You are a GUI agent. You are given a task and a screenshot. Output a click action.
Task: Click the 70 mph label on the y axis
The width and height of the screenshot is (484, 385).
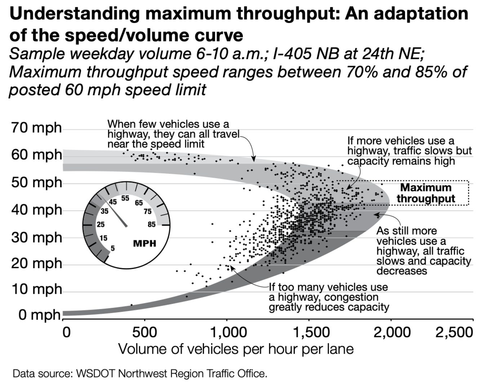pos(36,128)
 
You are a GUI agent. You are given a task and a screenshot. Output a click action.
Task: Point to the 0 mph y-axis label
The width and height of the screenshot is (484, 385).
pos(39,315)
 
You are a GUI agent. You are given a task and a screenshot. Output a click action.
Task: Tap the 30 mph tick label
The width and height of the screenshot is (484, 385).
pos(36,238)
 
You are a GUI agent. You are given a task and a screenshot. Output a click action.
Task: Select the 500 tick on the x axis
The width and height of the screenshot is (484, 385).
pos(144,332)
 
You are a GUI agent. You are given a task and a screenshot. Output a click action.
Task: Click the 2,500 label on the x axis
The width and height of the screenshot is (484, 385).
pos(454,332)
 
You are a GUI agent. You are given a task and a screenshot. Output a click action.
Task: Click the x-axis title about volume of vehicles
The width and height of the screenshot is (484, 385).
pos(236,349)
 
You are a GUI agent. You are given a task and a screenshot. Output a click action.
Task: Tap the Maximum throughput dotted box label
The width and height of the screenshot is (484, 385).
pos(426,193)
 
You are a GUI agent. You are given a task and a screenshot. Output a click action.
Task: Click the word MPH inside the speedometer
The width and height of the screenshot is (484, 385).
pos(145,243)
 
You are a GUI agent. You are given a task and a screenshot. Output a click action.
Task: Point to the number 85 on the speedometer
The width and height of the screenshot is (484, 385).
pos(151,225)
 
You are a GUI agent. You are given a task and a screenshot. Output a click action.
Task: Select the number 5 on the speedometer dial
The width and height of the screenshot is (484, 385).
pos(113,248)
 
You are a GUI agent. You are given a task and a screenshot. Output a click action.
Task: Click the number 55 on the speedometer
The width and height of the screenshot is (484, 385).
pos(125,199)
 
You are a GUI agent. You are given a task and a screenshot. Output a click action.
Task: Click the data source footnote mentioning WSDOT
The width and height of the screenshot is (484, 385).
pos(140,373)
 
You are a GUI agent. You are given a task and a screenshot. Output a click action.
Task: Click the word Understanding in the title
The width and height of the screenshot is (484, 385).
pos(74,14)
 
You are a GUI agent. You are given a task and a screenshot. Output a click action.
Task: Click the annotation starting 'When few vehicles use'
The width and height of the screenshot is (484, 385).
pos(173,134)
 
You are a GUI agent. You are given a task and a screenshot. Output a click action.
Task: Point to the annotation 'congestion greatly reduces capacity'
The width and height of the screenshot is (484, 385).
pos(329,297)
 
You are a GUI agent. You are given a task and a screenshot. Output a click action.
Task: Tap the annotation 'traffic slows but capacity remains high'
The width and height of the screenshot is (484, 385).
pos(409,151)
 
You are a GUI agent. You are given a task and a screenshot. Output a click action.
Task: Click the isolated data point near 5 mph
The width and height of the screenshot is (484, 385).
pos(131,305)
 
